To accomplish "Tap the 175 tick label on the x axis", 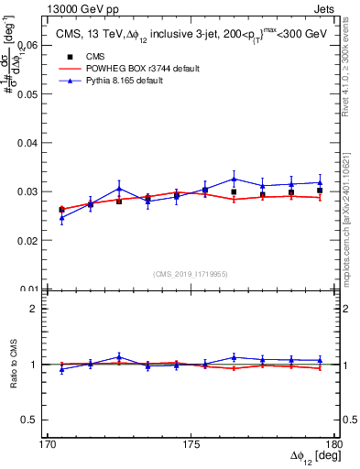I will [191, 443].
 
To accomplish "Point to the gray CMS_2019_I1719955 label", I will [191, 273].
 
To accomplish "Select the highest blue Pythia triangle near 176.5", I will [235, 179].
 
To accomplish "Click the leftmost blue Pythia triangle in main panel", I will [61, 218].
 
